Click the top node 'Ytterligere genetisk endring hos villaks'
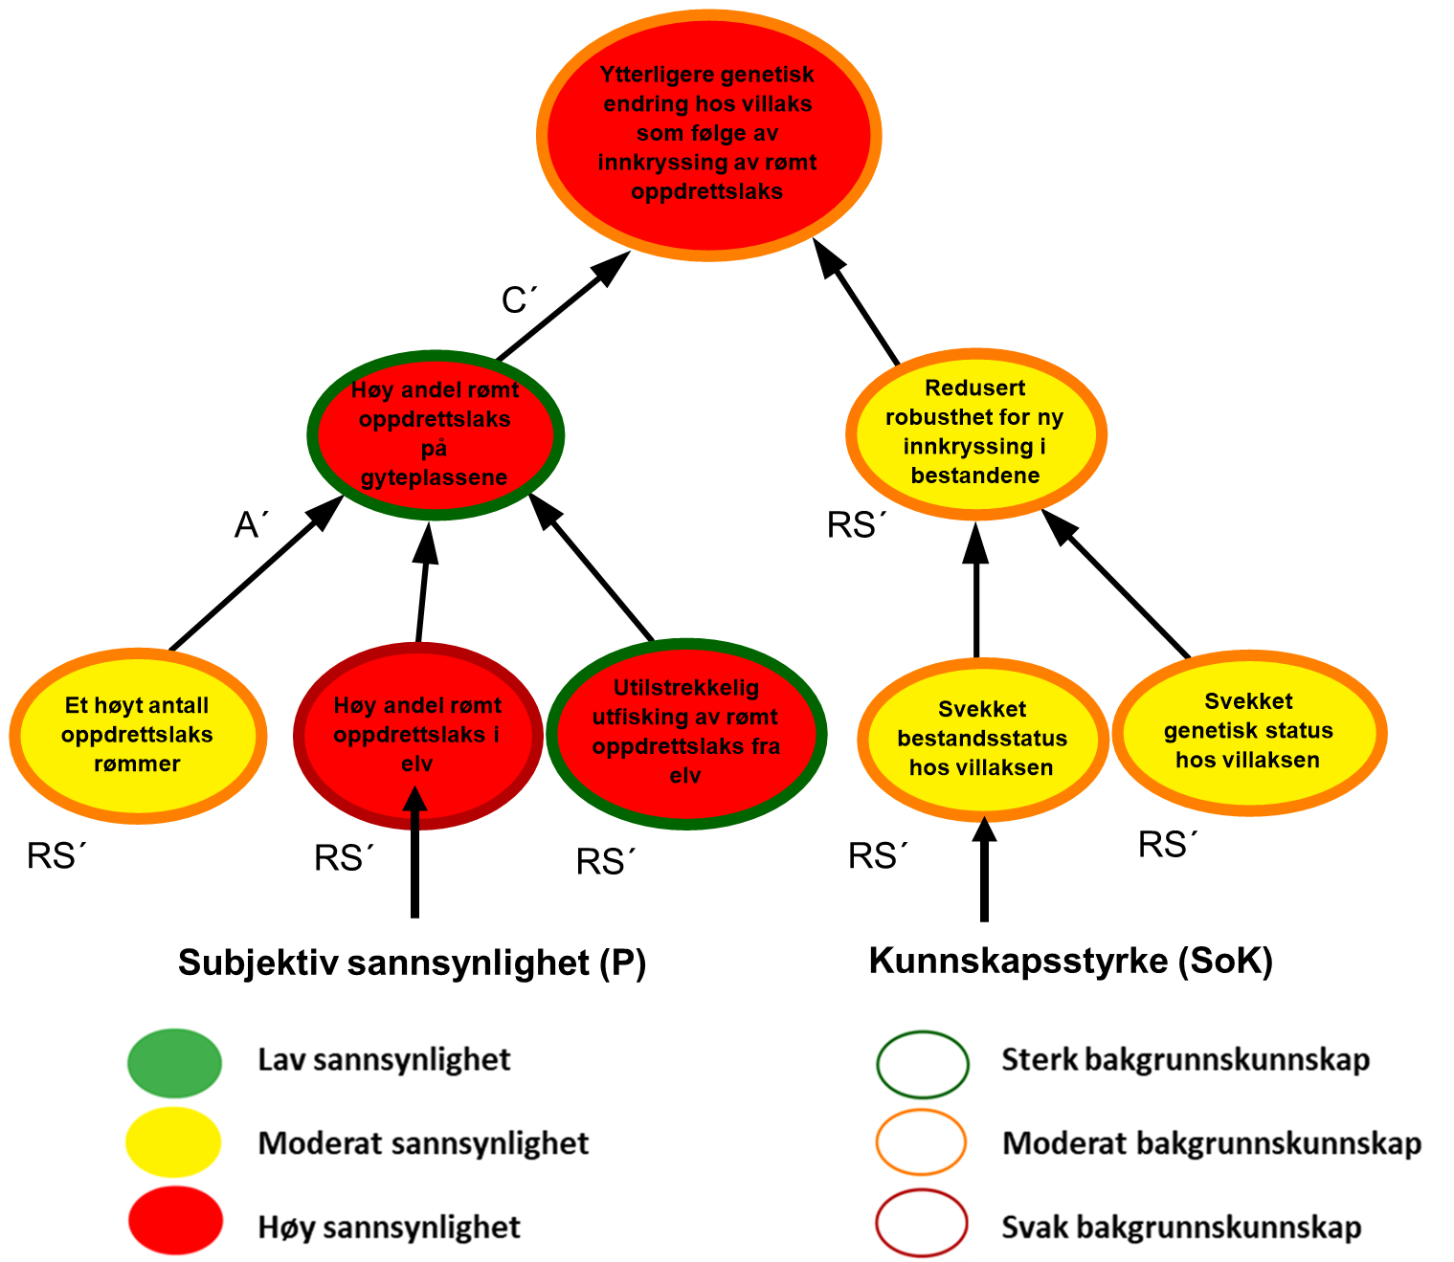(x=708, y=134)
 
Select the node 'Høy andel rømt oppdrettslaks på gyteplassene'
(x=436, y=434)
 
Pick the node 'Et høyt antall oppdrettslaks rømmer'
(x=137, y=735)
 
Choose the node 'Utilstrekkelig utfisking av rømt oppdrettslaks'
(x=685, y=733)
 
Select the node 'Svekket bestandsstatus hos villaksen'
(x=982, y=739)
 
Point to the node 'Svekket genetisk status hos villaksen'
(x=1248, y=732)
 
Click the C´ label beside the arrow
(x=519, y=301)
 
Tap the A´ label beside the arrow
(x=251, y=525)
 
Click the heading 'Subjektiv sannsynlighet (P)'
(x=413, y=963)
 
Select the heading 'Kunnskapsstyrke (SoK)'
(x=1070, y=961)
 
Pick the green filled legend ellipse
(x=174, y=1062)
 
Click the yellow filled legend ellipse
(x=173, y=1142)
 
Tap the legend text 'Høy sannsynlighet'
(x=390, y=1228)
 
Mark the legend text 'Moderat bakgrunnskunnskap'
(x=1211, y=1143)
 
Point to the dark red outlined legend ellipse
(x=921, y=1223)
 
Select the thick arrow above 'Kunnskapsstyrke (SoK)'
(x=983, y=871)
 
